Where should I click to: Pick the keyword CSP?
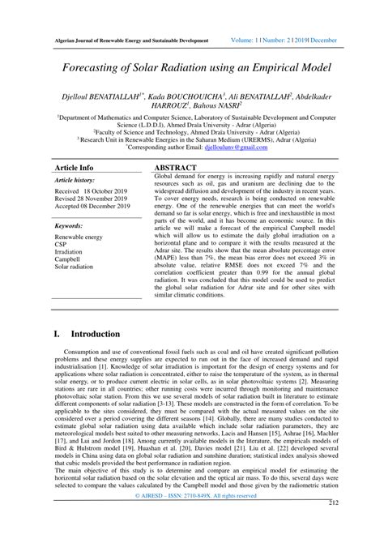[61, 242]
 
